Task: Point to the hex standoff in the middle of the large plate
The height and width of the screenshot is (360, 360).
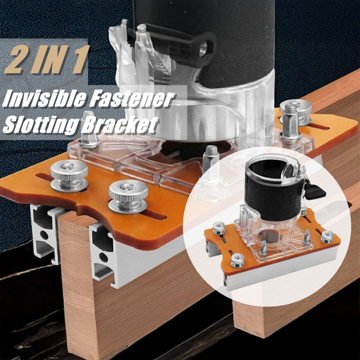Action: (211, 156)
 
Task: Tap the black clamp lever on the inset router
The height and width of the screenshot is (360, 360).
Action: (316, 191)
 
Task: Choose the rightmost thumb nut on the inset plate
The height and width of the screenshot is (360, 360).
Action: (327, 237)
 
